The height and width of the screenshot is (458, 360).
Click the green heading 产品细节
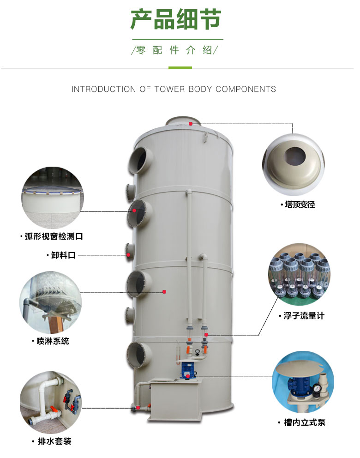point(176,19)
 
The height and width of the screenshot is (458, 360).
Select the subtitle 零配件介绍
point(174,50)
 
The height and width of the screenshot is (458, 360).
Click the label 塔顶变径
point(300,205)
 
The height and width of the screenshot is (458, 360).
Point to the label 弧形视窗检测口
point(54,236)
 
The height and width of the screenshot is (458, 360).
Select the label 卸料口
point(63,255)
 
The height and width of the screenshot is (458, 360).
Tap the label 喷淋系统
point(53,341)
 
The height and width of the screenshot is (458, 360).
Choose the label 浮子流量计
point(304,316)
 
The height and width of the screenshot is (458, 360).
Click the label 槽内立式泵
point(305,422)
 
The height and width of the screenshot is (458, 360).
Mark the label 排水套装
point(54,441)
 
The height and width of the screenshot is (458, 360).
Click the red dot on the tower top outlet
point(191,124)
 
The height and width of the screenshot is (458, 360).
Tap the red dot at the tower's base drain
point(138,408)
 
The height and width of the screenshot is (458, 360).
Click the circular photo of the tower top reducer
point(294,164)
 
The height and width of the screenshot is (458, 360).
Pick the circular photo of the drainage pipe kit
point(51,403)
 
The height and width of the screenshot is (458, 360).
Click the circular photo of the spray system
point(50,302)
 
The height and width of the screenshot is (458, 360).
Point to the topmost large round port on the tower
point(140,160)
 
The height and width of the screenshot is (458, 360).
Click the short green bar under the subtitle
point(180,68)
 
